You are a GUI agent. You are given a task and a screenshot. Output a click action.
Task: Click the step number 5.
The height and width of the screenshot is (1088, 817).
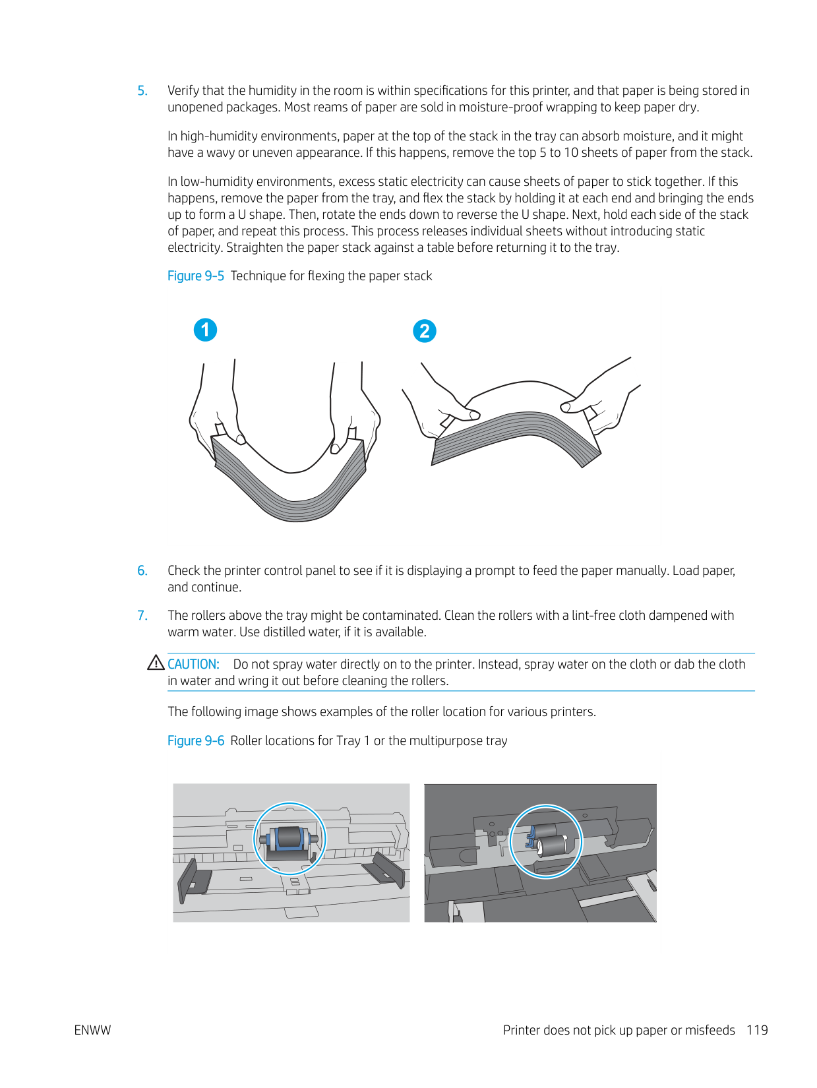142,91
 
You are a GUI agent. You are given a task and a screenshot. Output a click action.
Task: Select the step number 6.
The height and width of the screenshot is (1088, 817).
142,571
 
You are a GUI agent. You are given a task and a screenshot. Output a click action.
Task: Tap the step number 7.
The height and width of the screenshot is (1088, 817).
142,616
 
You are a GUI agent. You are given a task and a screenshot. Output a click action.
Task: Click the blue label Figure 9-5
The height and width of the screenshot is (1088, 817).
195,276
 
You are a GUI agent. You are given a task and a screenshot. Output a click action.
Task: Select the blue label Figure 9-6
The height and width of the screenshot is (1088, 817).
195,741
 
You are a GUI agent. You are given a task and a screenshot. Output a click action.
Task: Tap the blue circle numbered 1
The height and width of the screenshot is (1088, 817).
205,330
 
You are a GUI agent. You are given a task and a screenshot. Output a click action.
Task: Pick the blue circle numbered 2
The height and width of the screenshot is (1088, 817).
425,331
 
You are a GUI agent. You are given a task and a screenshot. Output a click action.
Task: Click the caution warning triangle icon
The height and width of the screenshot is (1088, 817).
156,663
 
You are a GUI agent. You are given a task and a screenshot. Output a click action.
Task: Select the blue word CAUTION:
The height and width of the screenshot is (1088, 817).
193,665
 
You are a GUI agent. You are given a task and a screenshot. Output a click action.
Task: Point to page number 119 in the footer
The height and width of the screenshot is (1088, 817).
757,1031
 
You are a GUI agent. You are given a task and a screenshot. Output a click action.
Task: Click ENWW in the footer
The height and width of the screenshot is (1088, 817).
92,1031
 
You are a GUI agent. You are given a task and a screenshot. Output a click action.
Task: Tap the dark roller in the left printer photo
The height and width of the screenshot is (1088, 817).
289,838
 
